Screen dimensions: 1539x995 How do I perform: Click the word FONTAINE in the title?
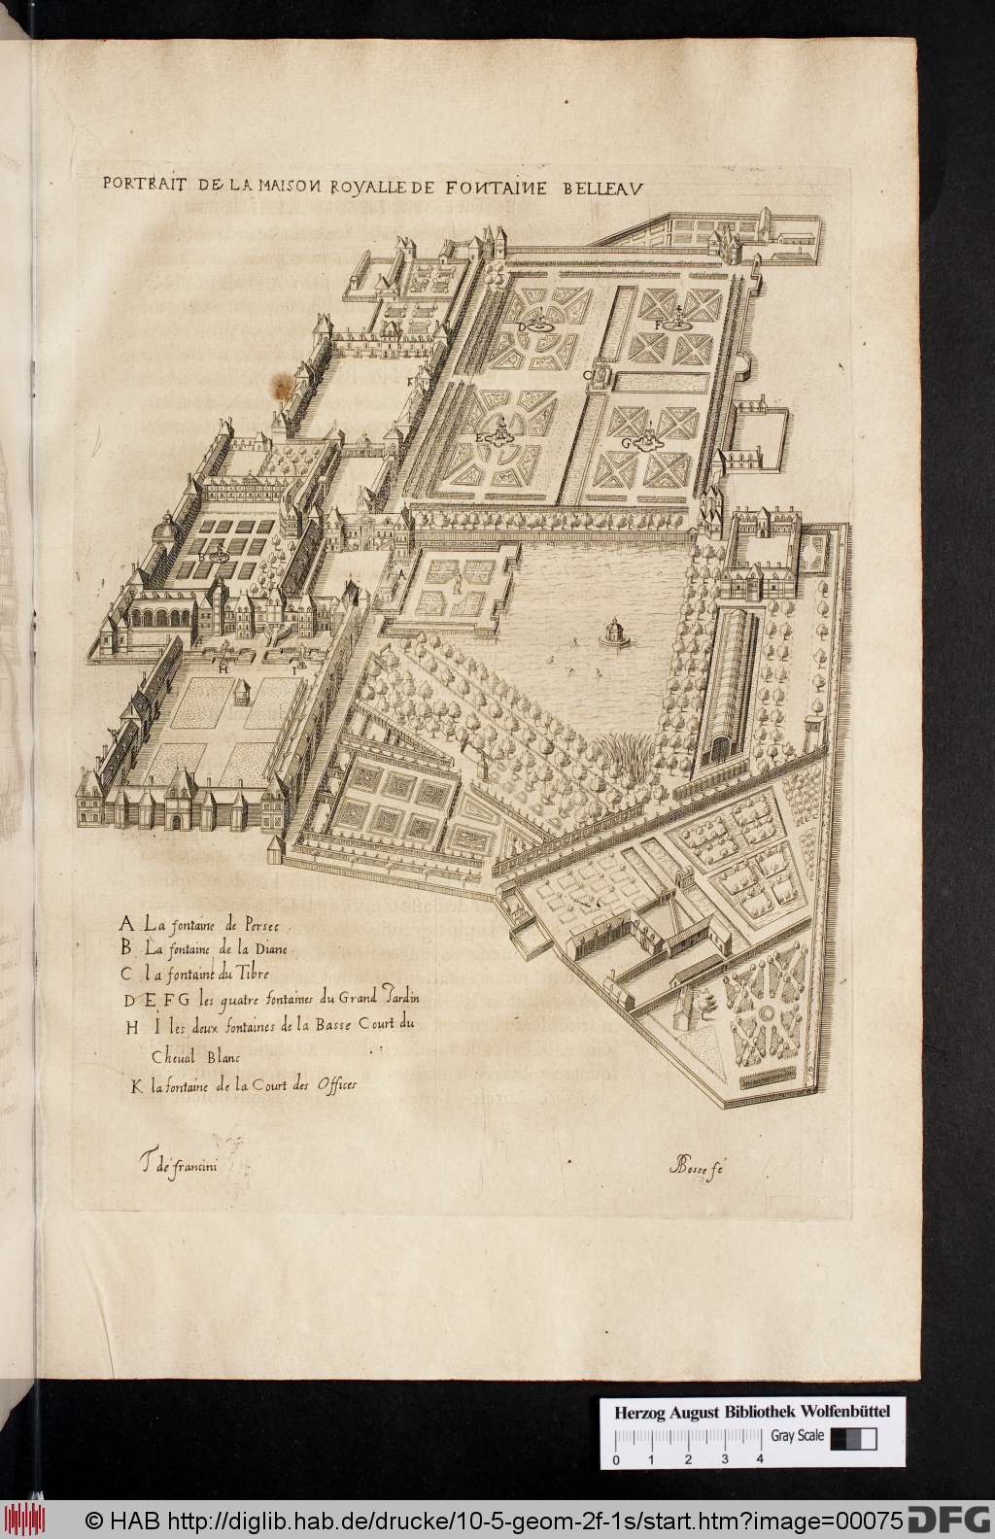pos(499,182)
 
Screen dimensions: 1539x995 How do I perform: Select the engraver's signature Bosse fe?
pos(698,1168)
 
